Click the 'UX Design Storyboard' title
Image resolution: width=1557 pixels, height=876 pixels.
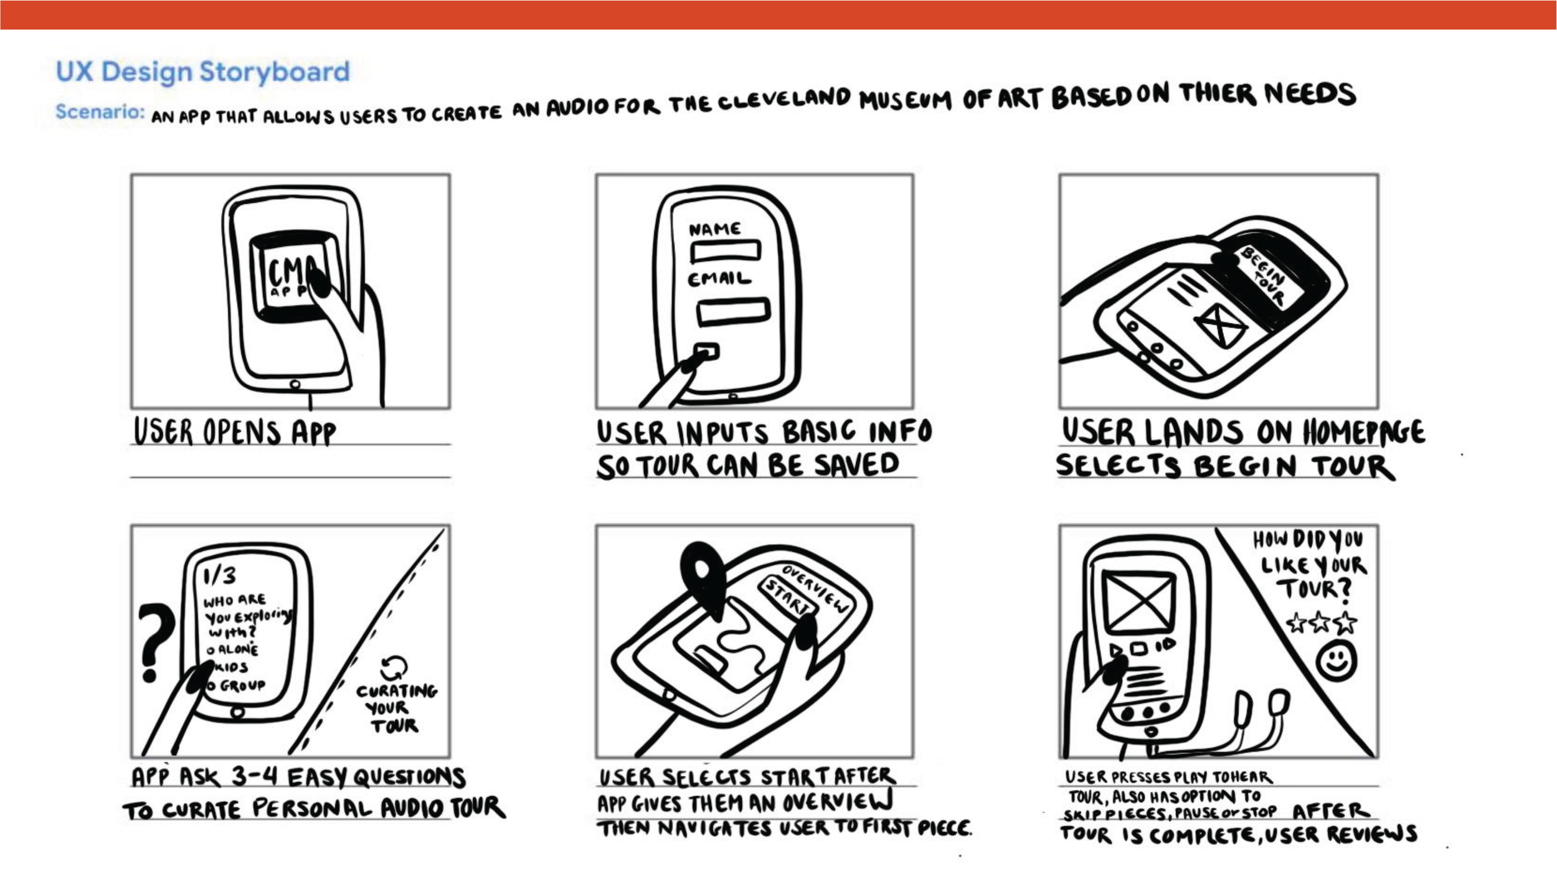[202, 72]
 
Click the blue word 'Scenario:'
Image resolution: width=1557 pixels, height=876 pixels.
[100, 112]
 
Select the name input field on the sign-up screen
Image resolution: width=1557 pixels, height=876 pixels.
[725, 251]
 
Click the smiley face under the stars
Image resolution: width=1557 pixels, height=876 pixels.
[1337, 661]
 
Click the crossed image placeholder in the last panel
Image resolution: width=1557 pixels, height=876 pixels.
[1138, 601]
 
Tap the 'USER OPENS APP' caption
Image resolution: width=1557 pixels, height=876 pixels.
[235, 432]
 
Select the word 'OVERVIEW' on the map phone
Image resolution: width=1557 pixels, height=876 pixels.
[815, 589]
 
